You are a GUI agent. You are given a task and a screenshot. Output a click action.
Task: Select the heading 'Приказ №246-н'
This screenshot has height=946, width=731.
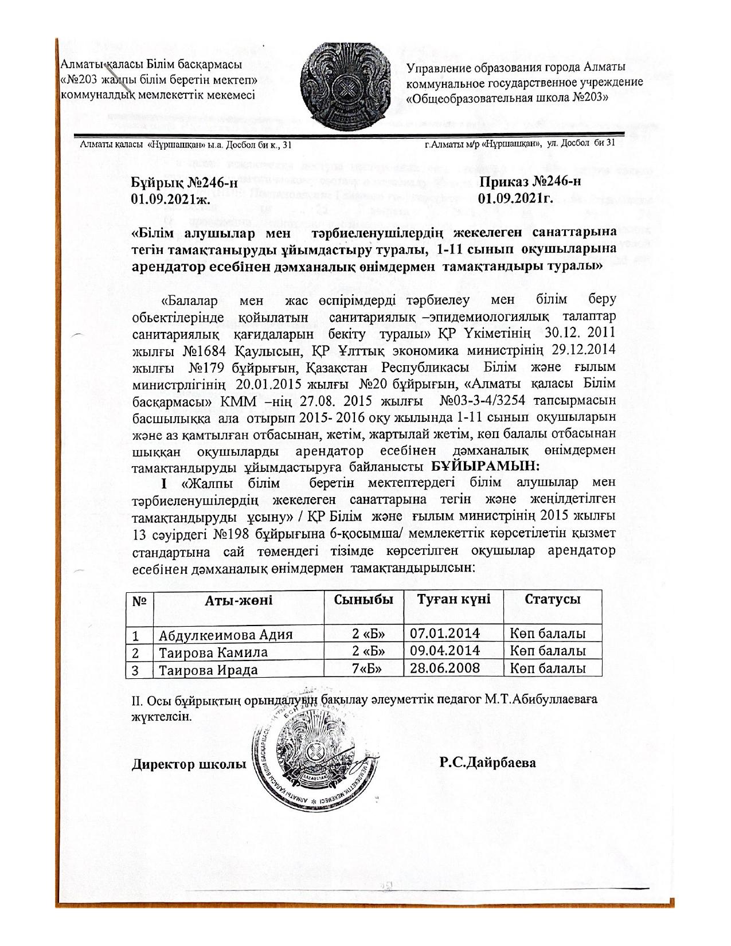530,182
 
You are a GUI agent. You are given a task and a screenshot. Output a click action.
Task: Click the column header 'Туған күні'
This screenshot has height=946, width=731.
454,599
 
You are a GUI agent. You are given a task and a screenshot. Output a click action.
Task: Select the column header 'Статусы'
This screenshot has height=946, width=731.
552,599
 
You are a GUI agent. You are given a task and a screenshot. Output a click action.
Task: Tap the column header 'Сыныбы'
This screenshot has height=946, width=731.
363,599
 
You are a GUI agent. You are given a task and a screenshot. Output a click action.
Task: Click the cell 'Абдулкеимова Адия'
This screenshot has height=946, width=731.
226,635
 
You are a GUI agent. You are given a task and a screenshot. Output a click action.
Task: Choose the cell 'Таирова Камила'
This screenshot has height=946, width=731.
213,652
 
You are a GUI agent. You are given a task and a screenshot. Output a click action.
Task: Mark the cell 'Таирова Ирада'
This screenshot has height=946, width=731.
208,670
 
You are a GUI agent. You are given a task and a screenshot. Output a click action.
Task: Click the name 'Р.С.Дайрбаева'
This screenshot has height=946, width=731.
488,763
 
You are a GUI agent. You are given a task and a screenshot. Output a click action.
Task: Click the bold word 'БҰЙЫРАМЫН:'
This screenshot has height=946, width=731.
486,466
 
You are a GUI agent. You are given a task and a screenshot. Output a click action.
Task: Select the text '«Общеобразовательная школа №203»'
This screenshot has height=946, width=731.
507,98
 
